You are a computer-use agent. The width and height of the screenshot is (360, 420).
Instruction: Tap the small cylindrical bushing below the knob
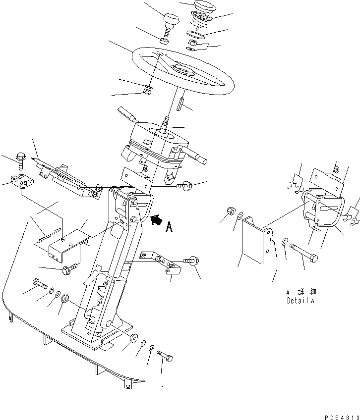click(165, 40)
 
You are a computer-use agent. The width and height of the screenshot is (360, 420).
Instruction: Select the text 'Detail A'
click(300, 301)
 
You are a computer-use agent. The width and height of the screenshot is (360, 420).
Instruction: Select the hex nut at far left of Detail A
click(230, 211)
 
